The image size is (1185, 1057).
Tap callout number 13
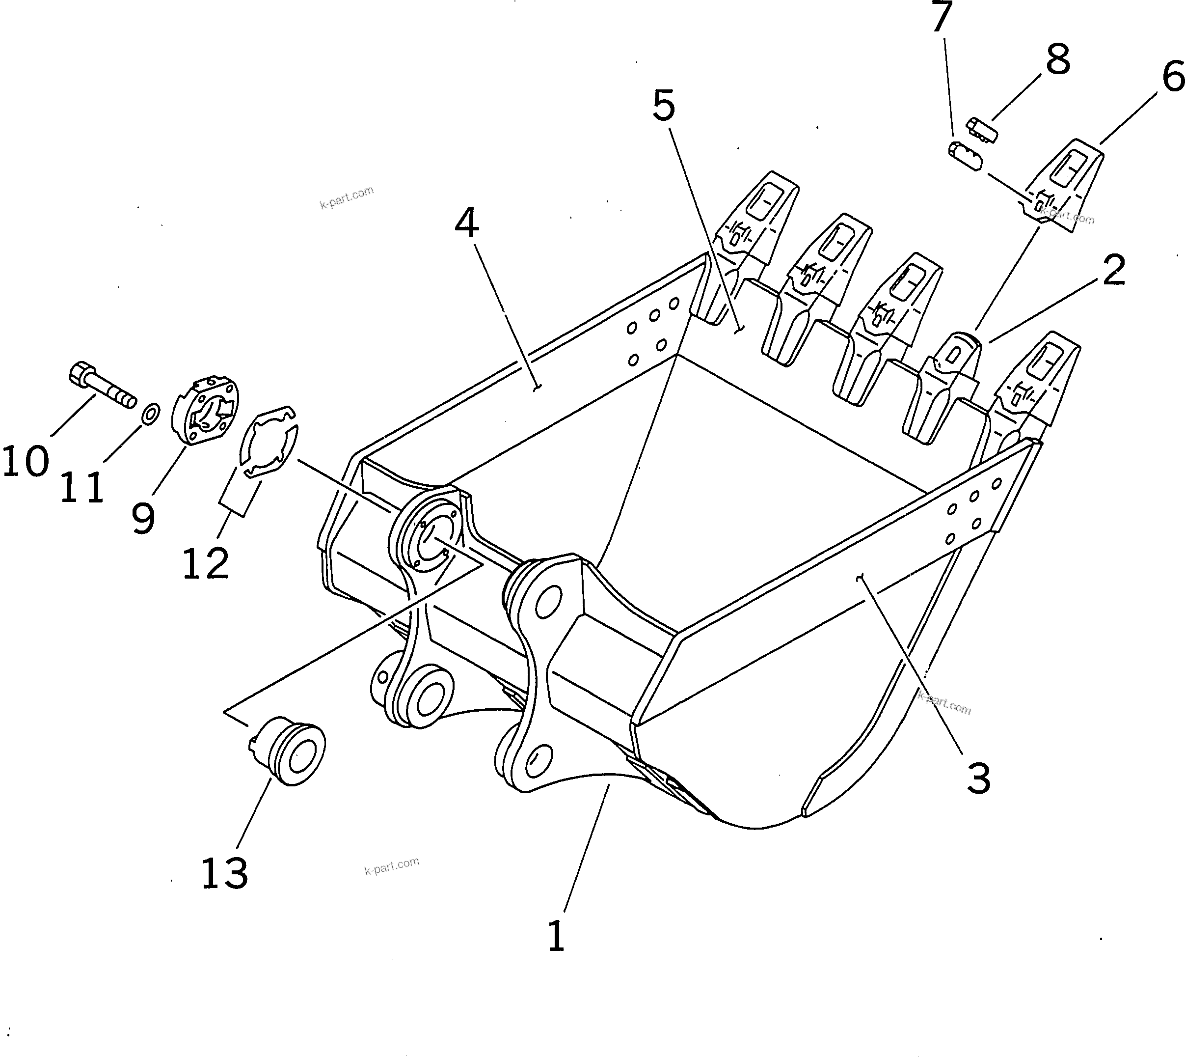coord(225,873)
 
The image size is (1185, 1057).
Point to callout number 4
coord(466,223)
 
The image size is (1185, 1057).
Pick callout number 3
coord(978,779)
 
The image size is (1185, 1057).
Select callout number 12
coord(205,563)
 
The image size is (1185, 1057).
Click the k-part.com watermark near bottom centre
coord(392,866)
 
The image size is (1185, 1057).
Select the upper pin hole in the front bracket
coord(548,602)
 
